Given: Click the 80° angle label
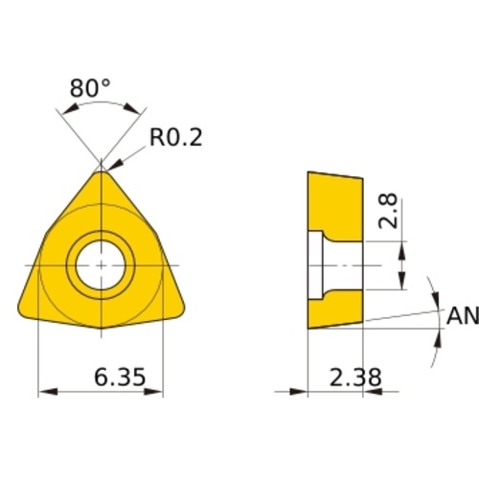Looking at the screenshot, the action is click(90, 88).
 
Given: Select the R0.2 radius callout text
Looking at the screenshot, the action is click(176, 138).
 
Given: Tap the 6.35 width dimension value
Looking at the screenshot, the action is click(120, 376).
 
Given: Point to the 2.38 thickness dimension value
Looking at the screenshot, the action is click(355, 377).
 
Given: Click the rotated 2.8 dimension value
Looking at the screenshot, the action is click(388, 211).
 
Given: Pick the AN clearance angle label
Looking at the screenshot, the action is click(463, 315).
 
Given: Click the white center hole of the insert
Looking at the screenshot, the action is click(101, 265).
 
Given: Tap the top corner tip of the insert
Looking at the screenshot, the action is click(101, 171).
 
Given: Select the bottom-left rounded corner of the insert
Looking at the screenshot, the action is click(22, 310).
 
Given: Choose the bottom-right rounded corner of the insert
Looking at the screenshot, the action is click(180, 310).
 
